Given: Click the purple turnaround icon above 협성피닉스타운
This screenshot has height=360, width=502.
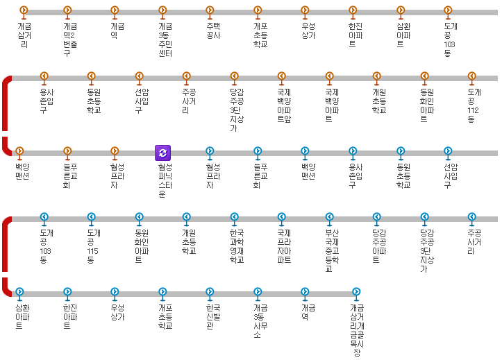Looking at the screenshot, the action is point(162,153).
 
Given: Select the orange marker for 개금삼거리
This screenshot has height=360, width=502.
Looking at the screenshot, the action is point(24,10).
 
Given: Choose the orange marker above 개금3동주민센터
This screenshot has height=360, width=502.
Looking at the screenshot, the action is point(162,10).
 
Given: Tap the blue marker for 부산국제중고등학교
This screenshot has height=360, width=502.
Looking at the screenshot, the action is point(329,217).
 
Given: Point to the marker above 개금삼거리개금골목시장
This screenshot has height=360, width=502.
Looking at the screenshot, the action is point(356,292).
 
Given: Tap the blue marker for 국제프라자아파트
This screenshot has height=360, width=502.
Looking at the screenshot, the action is point(281,217).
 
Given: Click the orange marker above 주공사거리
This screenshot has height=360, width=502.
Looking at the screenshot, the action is point(186,76).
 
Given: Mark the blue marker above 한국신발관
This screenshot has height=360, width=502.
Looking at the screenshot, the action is point(210,292).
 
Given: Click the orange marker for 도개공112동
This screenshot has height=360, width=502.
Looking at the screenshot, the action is point(471,76).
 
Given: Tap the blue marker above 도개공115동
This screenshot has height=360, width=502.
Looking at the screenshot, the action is point(91,217).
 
